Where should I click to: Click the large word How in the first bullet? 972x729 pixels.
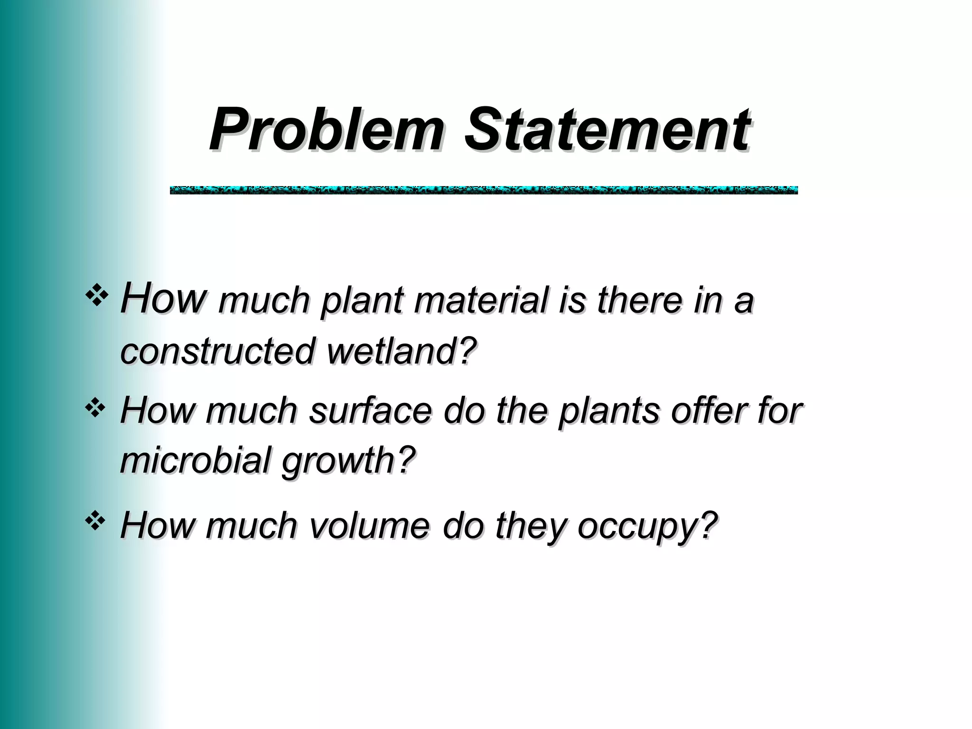pos(163,298)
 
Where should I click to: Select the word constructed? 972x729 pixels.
pos(218,351)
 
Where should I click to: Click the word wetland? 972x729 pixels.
pos(402,351)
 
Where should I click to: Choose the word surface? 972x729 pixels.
pos(370,411)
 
